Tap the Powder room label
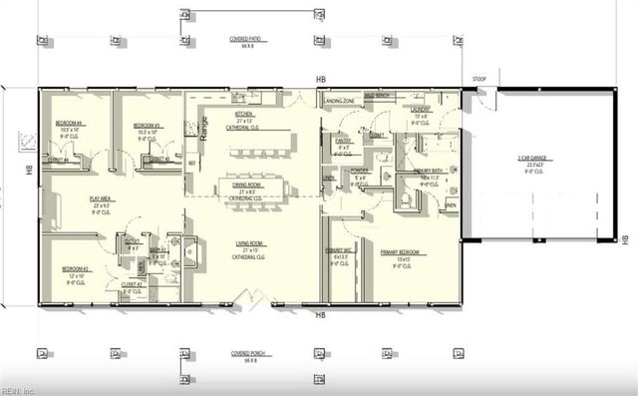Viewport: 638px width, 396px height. point(360,171)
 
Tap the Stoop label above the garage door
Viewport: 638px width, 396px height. point(479,77)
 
